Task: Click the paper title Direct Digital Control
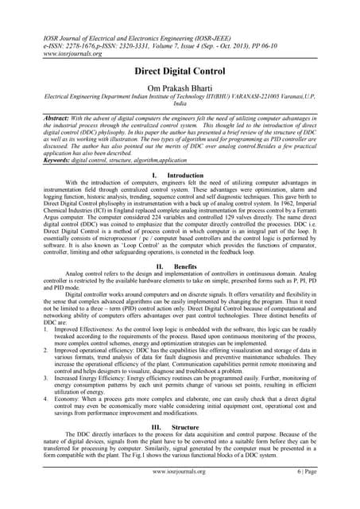[180, 71]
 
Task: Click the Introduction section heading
[186, 174]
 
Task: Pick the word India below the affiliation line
[180, 103]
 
